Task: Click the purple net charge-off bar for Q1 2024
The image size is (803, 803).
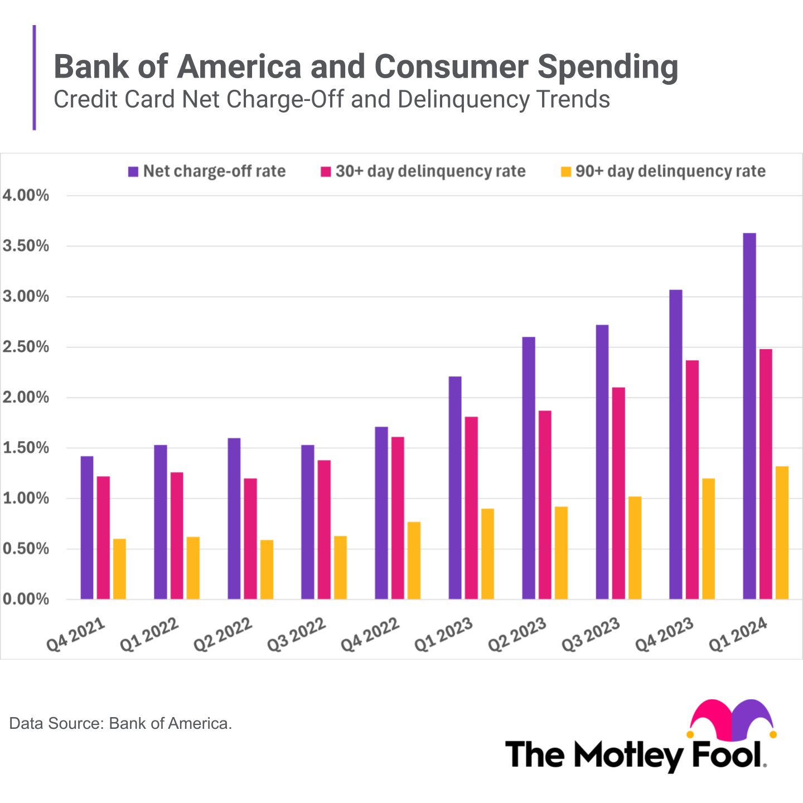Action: click(x=749, y=416)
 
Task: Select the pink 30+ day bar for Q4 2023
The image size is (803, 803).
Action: click(x=692, y=480)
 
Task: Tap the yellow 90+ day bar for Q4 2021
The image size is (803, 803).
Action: click(x=119, y=569)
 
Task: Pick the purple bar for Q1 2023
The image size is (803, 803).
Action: click(x=455, y=488)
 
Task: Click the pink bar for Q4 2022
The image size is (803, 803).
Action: click(x=398, y=518)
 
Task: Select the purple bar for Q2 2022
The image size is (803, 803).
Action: click(x=234, y=519)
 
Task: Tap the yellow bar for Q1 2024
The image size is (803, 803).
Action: click(x=782, y=533)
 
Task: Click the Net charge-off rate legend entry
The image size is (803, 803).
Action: click(x=207, y=171)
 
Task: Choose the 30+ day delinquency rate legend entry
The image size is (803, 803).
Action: click(x=423, y=171)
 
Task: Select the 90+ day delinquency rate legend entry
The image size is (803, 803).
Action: click(x=663, y=171)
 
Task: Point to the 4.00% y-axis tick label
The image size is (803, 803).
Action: click(x=26, y=196)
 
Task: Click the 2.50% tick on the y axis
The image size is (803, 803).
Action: click(x=26, y=347)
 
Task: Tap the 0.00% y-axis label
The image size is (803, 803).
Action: click(x=26, y=599)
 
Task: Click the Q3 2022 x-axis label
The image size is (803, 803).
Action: click(x=296, y=635)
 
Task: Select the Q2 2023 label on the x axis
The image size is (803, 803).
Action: click(x=517, y=635)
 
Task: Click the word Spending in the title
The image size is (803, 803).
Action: click(x=608, y=67)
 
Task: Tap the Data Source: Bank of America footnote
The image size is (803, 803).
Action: click(x=120, y=724)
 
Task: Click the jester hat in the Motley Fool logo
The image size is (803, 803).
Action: click(x=732, y=719)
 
